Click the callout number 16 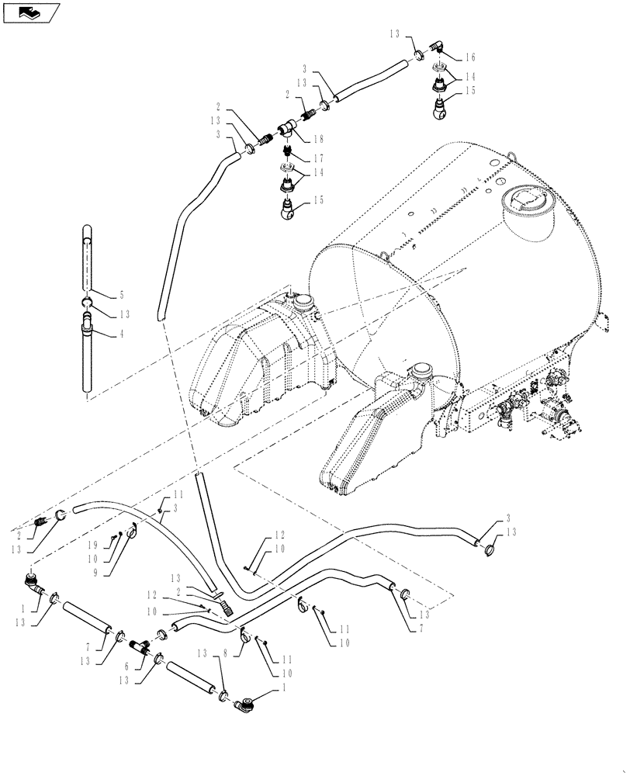tap(470, 57)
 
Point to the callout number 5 tap(121, 295)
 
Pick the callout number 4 tap(121, 335)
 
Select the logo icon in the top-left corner tap(29, 12)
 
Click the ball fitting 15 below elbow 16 tap(440, 109)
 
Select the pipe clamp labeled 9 tap(133, 532)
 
